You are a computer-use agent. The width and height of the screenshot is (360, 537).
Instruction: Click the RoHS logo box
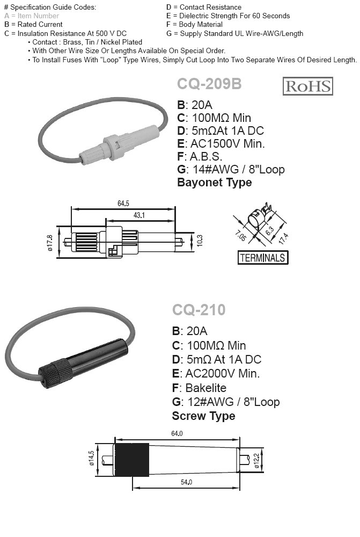coord(307,86)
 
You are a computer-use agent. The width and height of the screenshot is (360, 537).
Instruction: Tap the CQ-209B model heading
coord(209,84)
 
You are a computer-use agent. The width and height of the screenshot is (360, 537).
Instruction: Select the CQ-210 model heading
coord(199,310)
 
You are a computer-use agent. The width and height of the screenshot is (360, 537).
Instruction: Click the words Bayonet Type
coord(214,183)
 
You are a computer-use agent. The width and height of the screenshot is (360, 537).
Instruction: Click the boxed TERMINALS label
coord(262,258)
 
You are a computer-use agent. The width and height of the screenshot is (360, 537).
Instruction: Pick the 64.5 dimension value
coord(123,203)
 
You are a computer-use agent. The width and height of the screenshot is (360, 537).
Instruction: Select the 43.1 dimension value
coord(139,215)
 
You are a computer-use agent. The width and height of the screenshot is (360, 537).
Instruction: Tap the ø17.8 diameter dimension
coord(50,242)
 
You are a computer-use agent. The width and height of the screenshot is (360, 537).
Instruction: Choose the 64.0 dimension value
coord(177,433)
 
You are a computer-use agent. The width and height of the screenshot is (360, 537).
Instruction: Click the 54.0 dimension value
coord(186,482)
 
